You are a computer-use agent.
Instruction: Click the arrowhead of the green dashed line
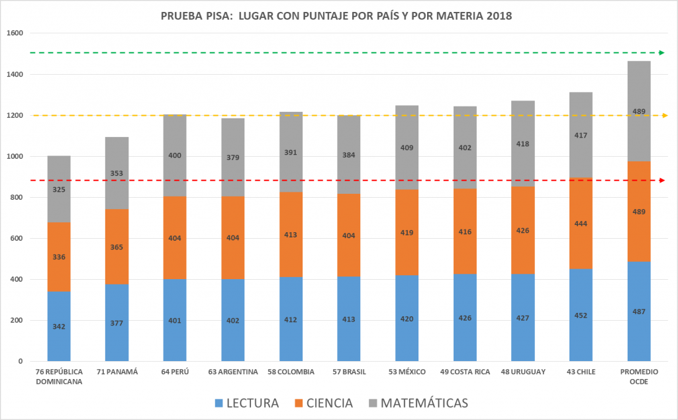click(x=662, y=52)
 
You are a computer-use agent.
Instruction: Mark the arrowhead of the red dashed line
click(x=662, y=181)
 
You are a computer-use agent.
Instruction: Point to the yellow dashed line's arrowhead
click(x=662, y=116)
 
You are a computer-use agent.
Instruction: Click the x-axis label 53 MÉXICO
click(x=407, y=372)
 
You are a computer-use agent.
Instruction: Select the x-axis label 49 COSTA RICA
click(x=465, y=372)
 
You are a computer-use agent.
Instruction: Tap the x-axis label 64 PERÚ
click(x=175, y=372)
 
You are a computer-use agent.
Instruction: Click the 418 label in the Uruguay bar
click(x=523, y=144)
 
